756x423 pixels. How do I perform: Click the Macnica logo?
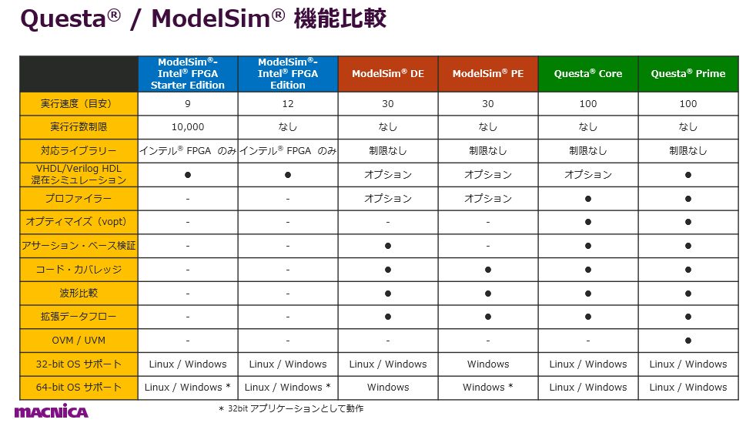coord(51,411)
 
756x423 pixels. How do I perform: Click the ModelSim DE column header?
coord(388,74)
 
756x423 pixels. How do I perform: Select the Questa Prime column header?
coord(688,74)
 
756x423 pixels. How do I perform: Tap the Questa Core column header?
coord(588,74)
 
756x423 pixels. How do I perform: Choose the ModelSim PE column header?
coord(488,74)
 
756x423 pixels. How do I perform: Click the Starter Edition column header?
coord(188,74)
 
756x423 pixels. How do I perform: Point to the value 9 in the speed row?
coord(188,104)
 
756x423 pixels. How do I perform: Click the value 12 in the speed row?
coord(288,104)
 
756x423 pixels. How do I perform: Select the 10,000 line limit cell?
coord(188,127)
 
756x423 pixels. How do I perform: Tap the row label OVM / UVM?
coord(79,341)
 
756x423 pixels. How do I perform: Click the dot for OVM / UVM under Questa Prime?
coord(688,341)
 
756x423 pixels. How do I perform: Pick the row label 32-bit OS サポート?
coord(79,364)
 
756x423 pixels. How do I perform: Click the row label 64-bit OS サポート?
coord(79,387)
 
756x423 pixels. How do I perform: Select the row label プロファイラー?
coord(79,198)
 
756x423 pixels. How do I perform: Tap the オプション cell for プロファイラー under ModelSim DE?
coord(388,198)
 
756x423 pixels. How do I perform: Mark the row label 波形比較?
coord(79,293)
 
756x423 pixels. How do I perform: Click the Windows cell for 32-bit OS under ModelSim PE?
coord(488,364)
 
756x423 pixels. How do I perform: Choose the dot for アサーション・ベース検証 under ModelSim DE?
coord(388,246)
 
